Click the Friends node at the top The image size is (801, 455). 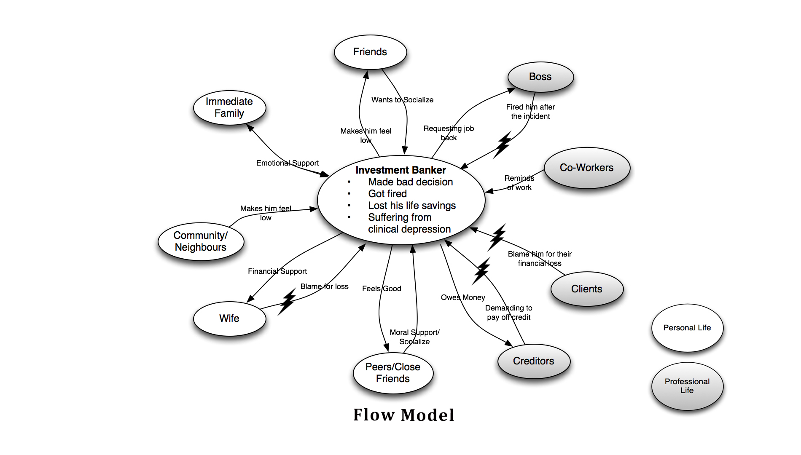370,52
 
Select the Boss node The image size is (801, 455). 540,77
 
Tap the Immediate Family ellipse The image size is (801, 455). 229,107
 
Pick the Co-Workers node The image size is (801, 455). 586,168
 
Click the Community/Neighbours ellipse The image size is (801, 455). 201,241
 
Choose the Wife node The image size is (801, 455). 229,318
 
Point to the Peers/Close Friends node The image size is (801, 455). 393,373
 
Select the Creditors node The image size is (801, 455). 533,361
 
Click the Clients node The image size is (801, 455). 586,289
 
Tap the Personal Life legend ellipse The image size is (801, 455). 687,328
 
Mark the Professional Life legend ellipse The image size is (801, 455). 687,386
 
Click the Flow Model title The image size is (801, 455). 403,415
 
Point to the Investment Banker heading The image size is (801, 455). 400,170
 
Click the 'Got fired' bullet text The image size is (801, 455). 387,194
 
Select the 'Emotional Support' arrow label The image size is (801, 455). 288,163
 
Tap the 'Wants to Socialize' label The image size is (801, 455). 402,100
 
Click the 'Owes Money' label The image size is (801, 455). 463,297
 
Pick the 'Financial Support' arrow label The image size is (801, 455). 277,271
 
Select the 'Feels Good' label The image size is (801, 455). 382,289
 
